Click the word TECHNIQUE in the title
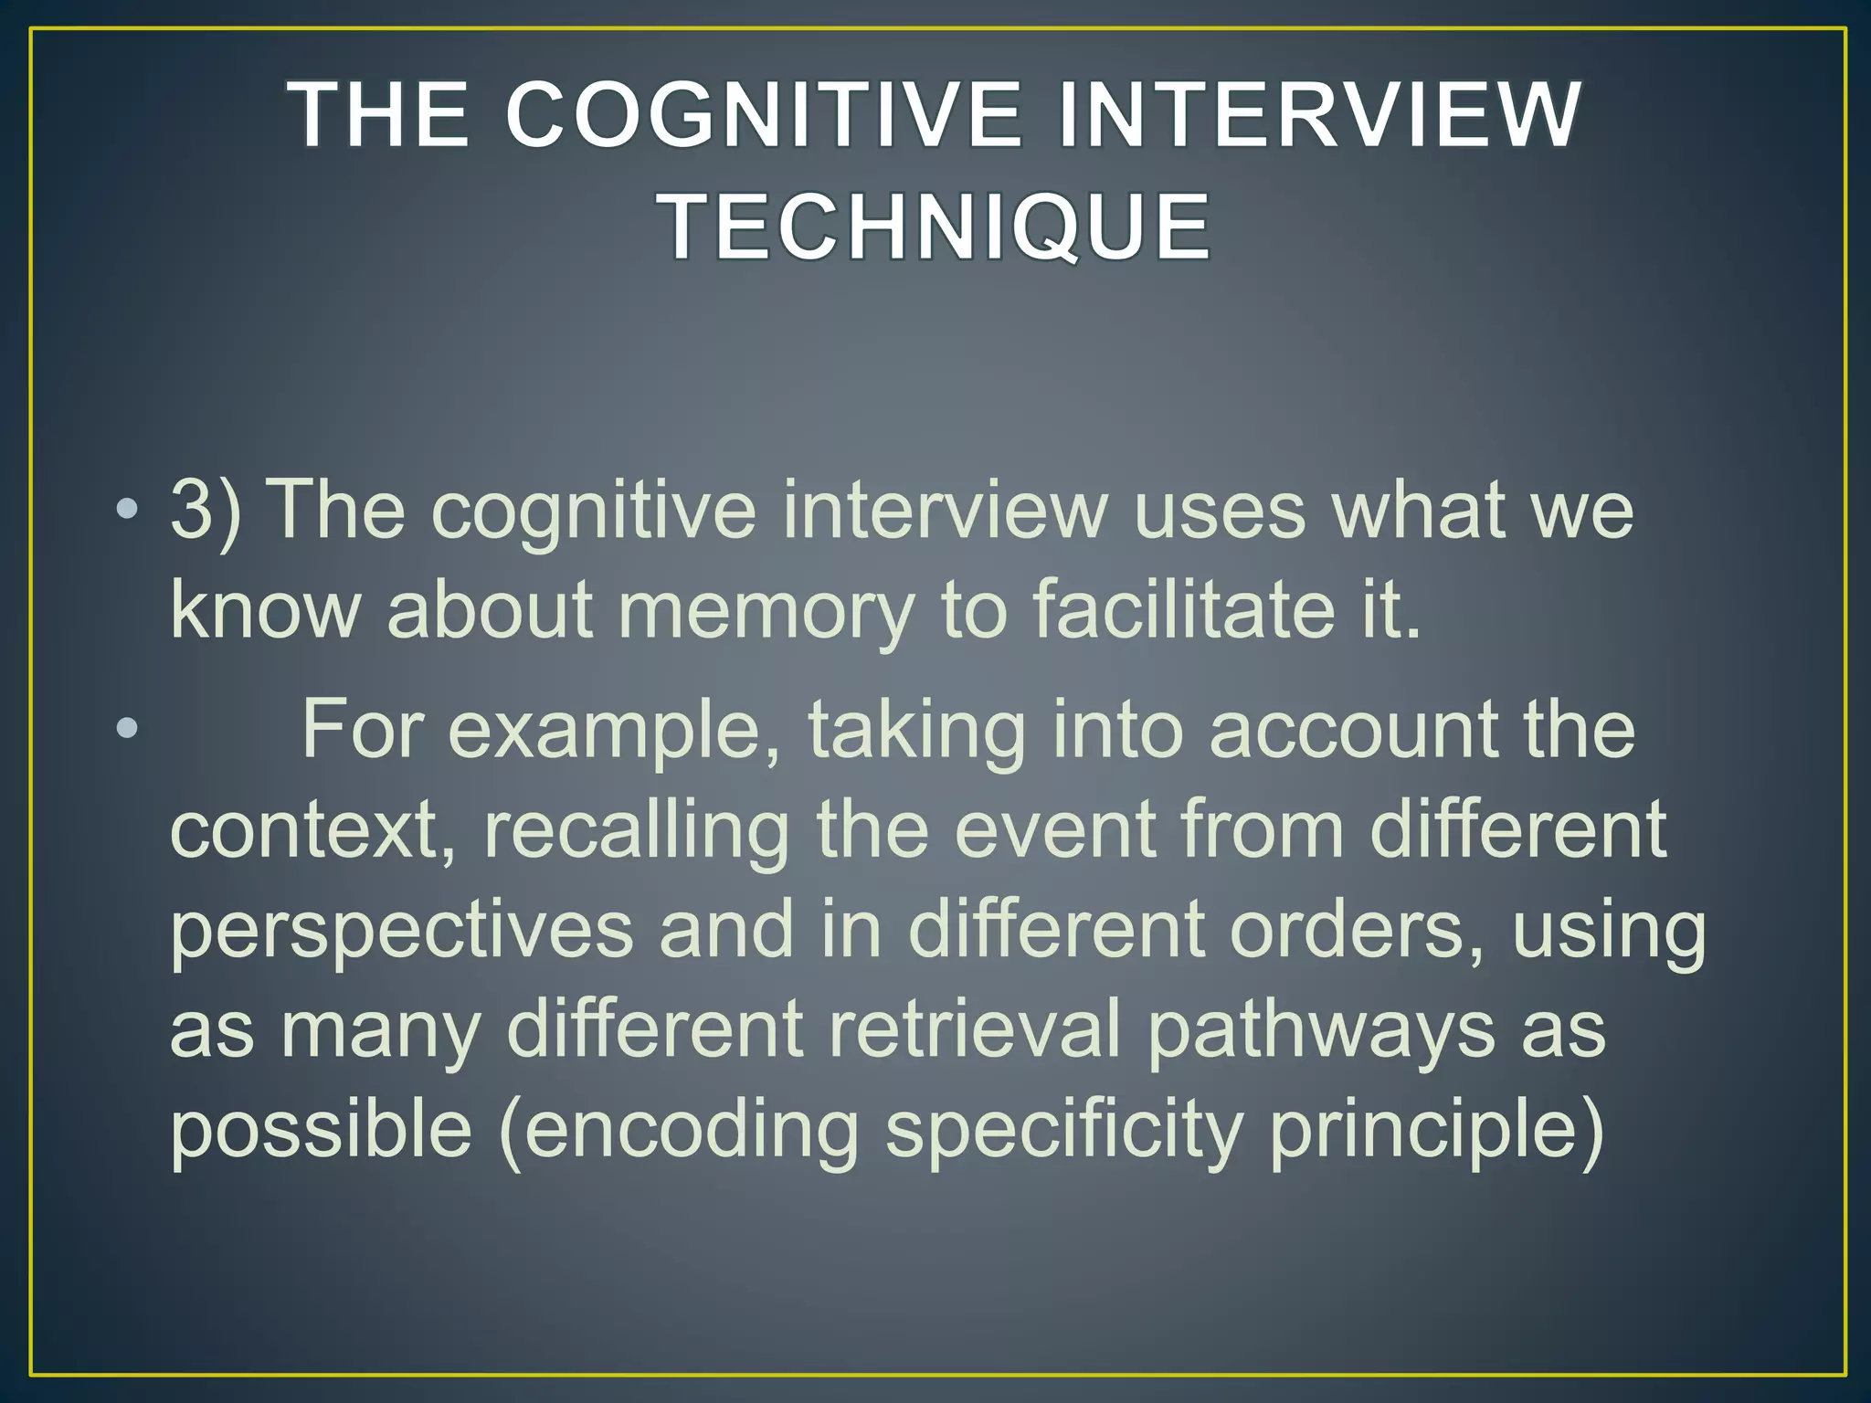(x=935, y=226)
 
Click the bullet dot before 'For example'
(x=128, y=729)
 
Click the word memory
(x=766, y=612)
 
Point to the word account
(x=1353, y=731)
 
